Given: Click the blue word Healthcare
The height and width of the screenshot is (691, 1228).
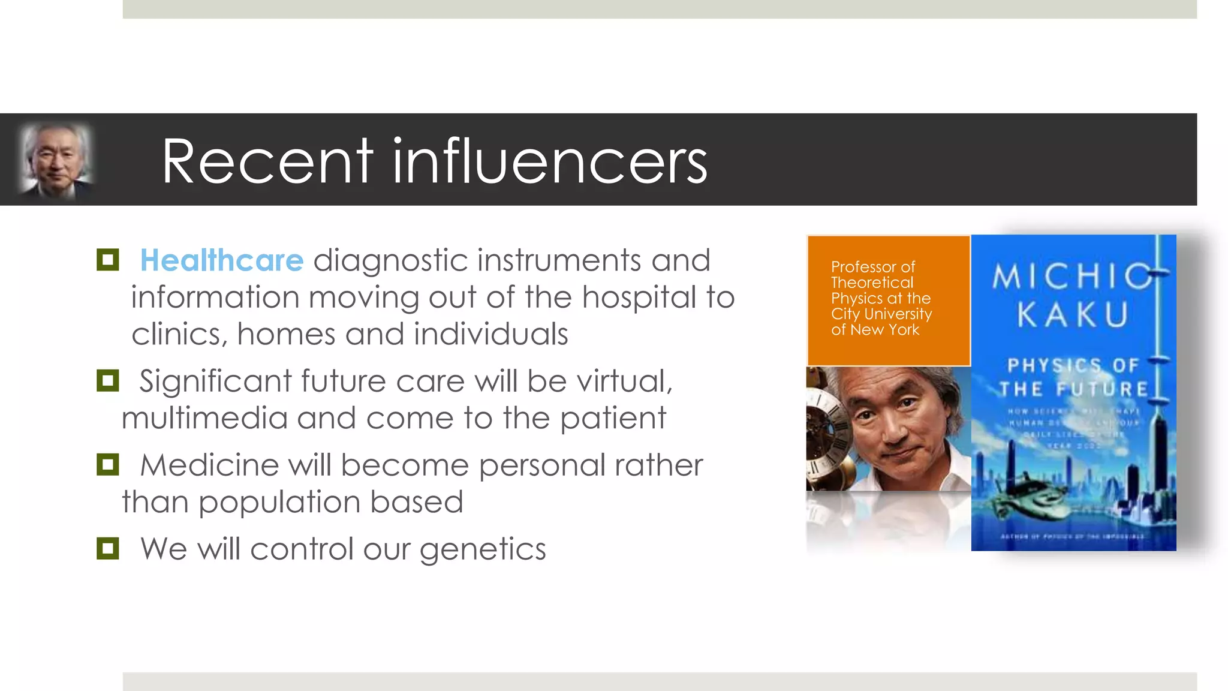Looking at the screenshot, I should point(221,261).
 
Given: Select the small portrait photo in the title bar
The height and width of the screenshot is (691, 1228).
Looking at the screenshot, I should point(56,160).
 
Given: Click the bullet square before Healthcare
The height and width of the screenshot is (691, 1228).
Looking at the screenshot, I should point(108,260).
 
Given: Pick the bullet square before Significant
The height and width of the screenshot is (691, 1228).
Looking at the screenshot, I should point(108,380).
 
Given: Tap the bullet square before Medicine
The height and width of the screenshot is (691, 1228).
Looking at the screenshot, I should point(108,464).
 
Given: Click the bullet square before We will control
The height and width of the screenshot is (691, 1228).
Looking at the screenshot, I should point(108,548).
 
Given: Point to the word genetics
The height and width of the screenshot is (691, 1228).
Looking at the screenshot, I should point(482,549).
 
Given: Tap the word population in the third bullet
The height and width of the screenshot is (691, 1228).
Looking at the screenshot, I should point(279,503).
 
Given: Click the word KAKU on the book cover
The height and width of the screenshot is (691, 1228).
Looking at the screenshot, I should point(1073,315).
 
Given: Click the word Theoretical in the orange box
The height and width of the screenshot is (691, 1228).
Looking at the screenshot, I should point(872,283).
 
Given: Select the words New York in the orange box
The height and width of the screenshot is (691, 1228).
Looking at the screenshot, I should point(884,329).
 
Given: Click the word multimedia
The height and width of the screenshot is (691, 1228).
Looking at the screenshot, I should point(204,418).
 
